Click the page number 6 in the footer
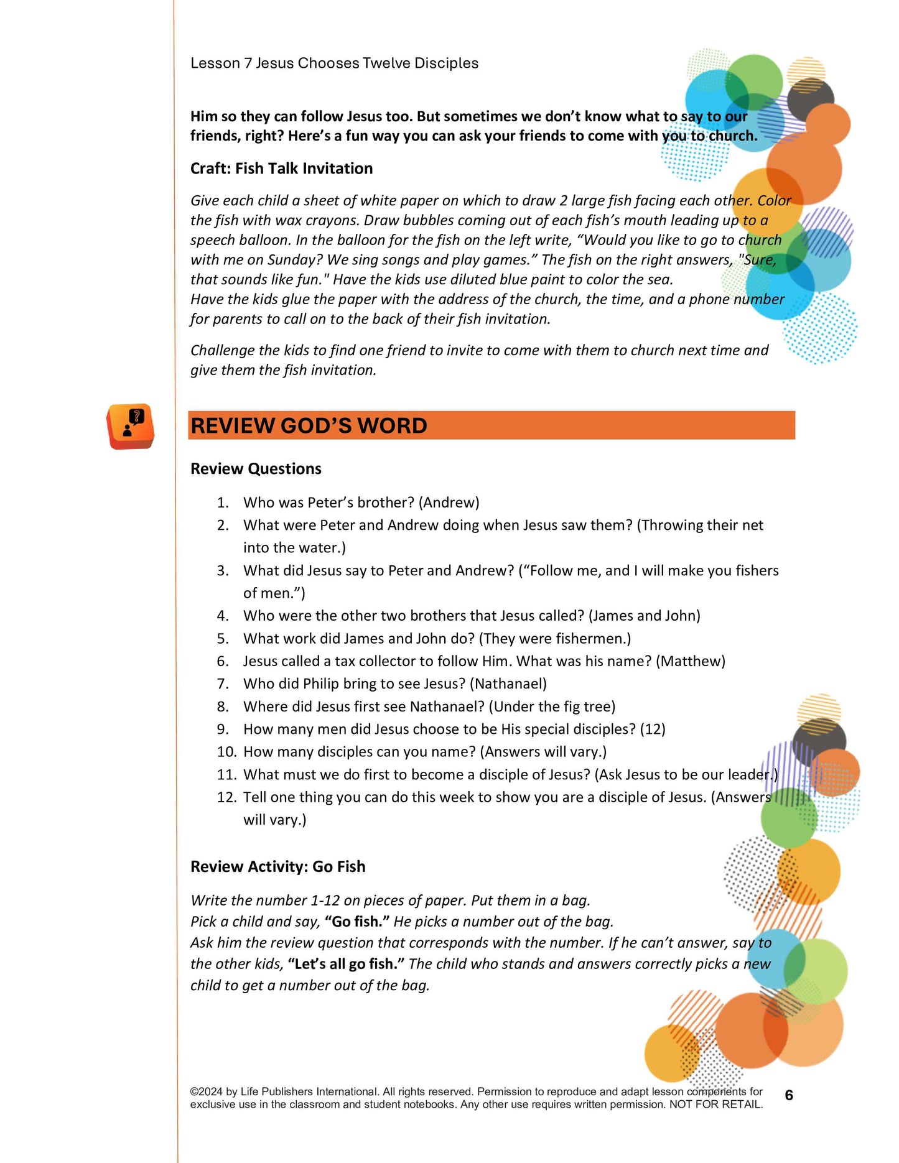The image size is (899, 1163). pyautogui.click(x=788, y=1095)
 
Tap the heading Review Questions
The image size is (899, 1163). pyautogui.click(x=256, y=469)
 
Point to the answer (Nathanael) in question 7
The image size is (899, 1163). pyautogui.click(x=508, y=684)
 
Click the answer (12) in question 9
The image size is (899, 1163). pyautogui.click(x=653, y=730)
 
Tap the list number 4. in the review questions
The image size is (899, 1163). pyautogui.click(x=223, y=616)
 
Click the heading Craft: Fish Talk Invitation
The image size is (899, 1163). pyautogui.click(x=281, y=169)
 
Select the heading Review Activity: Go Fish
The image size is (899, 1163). pyautogui.click(x=277, y=867)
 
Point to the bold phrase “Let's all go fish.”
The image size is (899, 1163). pyautogui.click(x=346, y=964)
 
